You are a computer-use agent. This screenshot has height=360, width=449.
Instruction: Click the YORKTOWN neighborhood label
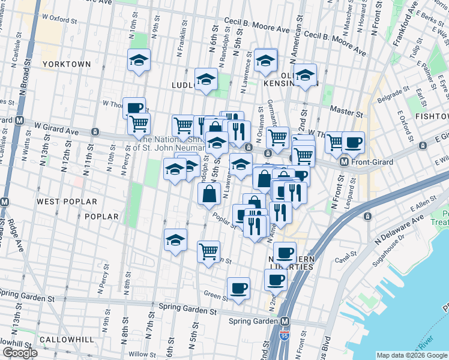click(x=67, y=64)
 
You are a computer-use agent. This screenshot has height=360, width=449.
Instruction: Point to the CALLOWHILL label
click(x=67, y=340)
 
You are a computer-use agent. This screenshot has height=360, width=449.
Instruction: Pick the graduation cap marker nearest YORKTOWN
click(x=139, y=60)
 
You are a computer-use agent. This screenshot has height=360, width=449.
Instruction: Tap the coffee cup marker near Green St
click(x=238, y=289)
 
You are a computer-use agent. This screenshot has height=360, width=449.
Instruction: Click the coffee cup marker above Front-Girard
click(x=353, y=143)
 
